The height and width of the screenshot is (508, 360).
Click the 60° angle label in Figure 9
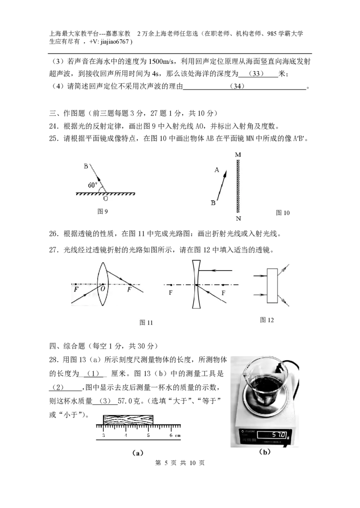click(x=92, y=185)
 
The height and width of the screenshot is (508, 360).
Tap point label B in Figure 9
click(x=86, y=166)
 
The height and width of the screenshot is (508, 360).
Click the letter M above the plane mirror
click(x=238, y=155)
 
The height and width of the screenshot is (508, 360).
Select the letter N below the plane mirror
click(x=238, y=218)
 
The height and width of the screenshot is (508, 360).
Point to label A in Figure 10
click(x=216, y=170)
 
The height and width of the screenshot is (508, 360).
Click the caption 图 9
click(x=103, y=211)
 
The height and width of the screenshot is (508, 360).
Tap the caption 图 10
click(x=283, y=213)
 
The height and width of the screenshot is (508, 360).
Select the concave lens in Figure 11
click(x=196, y=285)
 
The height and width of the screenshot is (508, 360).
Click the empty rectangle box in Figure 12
click(x=272, y=286)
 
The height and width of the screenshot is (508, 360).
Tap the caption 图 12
click(x=267, y=320)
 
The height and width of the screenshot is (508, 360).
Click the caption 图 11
click(x=146, y=322)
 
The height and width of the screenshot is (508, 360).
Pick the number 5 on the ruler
click(x=148, y=435)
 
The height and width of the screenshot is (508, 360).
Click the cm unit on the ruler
click(x=177, y=436)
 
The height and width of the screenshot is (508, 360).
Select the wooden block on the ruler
click(x=128, y=419)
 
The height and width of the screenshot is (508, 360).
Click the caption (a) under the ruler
click(x=138, y=453)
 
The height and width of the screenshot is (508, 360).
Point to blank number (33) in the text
click(x=256, y=74)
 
